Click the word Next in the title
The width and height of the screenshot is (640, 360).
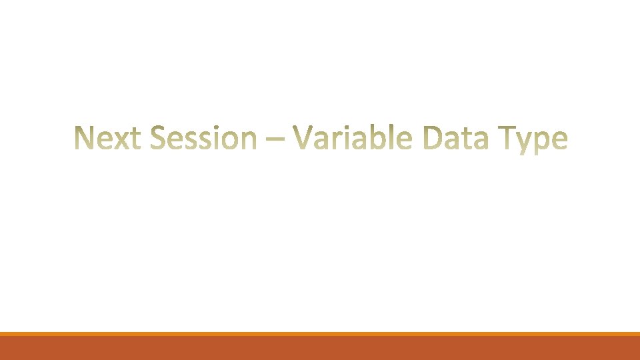pyautogui.click(x=108, y=138)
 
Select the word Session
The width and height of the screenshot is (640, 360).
pyautogui.click(x=203, y=138)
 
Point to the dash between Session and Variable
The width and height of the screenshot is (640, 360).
pyautogui.click(x=275, y=139)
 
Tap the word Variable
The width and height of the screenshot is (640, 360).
pyautogui.click(x=352, y=137)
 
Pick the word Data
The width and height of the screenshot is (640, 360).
pyautogui.click(x=455, y=138)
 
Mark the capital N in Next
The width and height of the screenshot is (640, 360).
pyautogui.click(x=85, y=138)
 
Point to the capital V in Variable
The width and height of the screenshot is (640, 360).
pyautogui.click(x=303, y=137)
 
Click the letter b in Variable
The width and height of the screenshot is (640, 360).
pyautogui.click(x=379, y=137)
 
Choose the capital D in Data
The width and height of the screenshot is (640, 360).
pyautogui.click(x=433, y=138)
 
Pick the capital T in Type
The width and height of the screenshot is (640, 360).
pyautogui.click(x=507, y=138)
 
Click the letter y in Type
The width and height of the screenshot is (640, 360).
pyautogui.click(x=524, y=143)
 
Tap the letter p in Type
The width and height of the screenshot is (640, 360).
pyautogui.click(x=543, y=143)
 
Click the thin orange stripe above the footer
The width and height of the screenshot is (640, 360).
pyautogui.click(x=320, y=334)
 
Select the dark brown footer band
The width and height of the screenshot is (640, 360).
pyautogui.click(x=320, y=348)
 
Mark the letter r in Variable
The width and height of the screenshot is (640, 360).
pyautogui.click(x=333, y=141)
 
